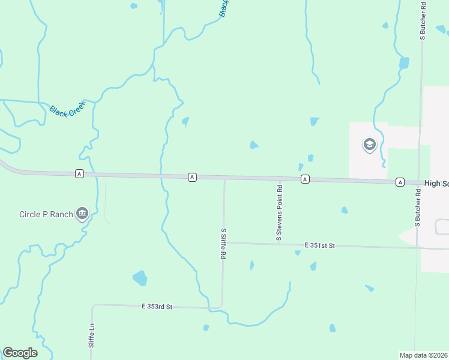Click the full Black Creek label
(68, 109)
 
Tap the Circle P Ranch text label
(46, 214)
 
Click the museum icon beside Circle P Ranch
(82, 214)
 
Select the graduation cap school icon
(369, 145)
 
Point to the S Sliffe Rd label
(223, 243)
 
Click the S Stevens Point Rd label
(279, 213)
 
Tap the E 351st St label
(319, 245)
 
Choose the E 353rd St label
(157, 307)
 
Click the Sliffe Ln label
(92, 336)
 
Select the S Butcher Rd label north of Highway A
(423, 20)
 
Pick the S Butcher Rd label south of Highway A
(417, 207)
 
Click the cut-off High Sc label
(436, 183)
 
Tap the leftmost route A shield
(79, 173)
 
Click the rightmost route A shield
(400, 182)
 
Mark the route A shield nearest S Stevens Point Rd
(305, 179)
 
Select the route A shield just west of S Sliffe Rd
(192, 176)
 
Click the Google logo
(20, 353)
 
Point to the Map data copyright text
(424, 355)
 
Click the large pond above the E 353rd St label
(140, 278)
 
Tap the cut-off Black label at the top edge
(224, 8)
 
